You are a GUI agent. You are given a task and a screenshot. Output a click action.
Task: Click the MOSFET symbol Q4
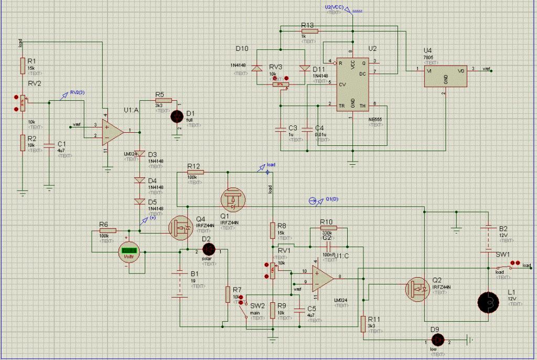click(x=181, y=227)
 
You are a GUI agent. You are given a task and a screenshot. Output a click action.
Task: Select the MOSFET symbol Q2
click(x=419, y=288)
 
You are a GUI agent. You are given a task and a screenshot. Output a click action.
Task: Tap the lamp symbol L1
click(x=488, y=302)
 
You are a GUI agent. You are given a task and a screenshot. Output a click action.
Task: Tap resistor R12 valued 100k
click(x=195, y=172)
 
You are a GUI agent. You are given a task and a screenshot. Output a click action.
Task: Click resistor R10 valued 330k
click(x=328, y=228)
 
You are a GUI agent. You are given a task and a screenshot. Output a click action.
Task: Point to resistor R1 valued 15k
click(x=23, y=65)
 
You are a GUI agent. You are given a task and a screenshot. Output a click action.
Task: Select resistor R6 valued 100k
click(x=108, y=230)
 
